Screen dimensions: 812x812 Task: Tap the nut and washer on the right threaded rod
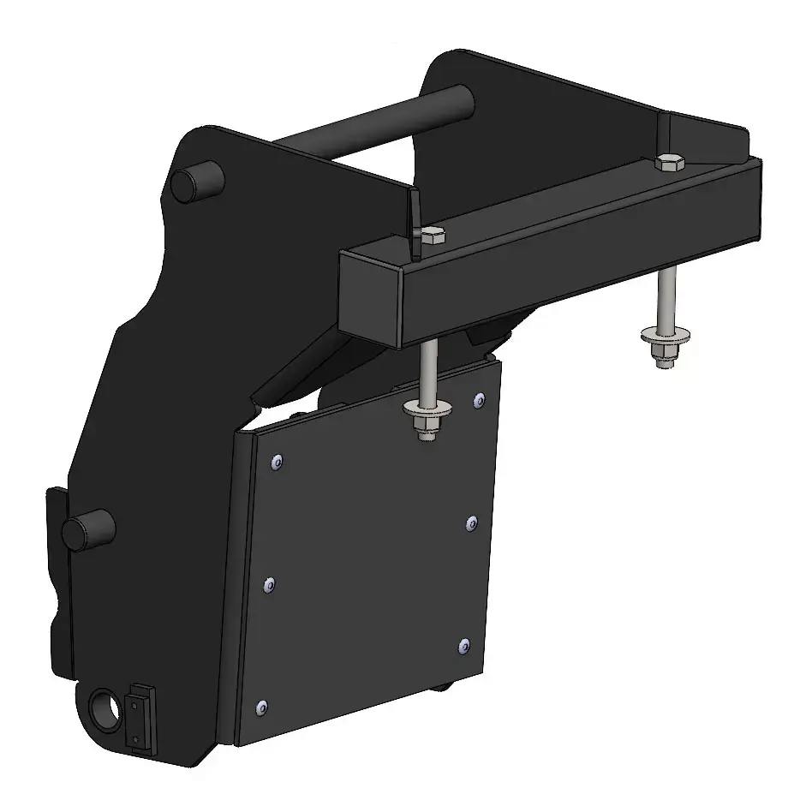[662, 346]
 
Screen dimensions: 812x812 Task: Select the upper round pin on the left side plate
[196, 181]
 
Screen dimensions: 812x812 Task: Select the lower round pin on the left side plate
[87, 530]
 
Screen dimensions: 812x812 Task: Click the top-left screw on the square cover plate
[277, 462]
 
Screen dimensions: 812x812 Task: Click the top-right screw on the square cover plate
[479, 399]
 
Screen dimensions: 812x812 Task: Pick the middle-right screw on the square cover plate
[471, 522]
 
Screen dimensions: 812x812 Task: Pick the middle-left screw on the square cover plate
[269, 585]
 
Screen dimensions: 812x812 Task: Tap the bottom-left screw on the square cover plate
[262, 708]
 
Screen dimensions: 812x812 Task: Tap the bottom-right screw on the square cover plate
[463, 645]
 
